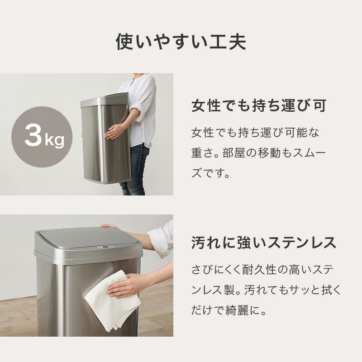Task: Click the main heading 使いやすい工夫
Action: (x=181, y=42)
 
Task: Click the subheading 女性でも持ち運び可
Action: (x=259, y=107)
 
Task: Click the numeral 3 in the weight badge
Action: (x=33, y=136)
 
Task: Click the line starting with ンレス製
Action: (x=266, y=291)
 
